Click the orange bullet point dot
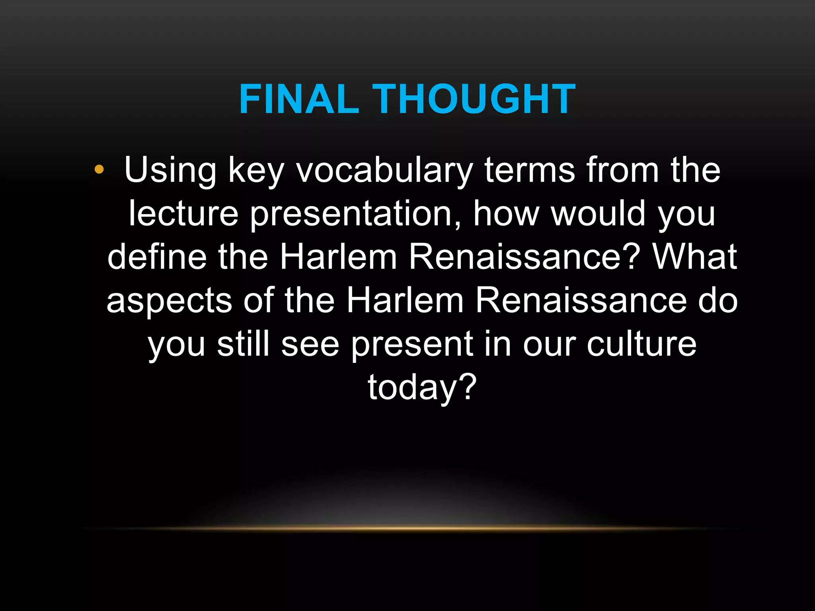[x=99, y=170]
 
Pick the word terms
[x=529, y=170]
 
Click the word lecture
[x=183, y=214]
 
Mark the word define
[x=157, y=257]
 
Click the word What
[x=694, y=257]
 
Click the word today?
[x=422, y=387]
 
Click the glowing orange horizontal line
[x=410, y=529]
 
